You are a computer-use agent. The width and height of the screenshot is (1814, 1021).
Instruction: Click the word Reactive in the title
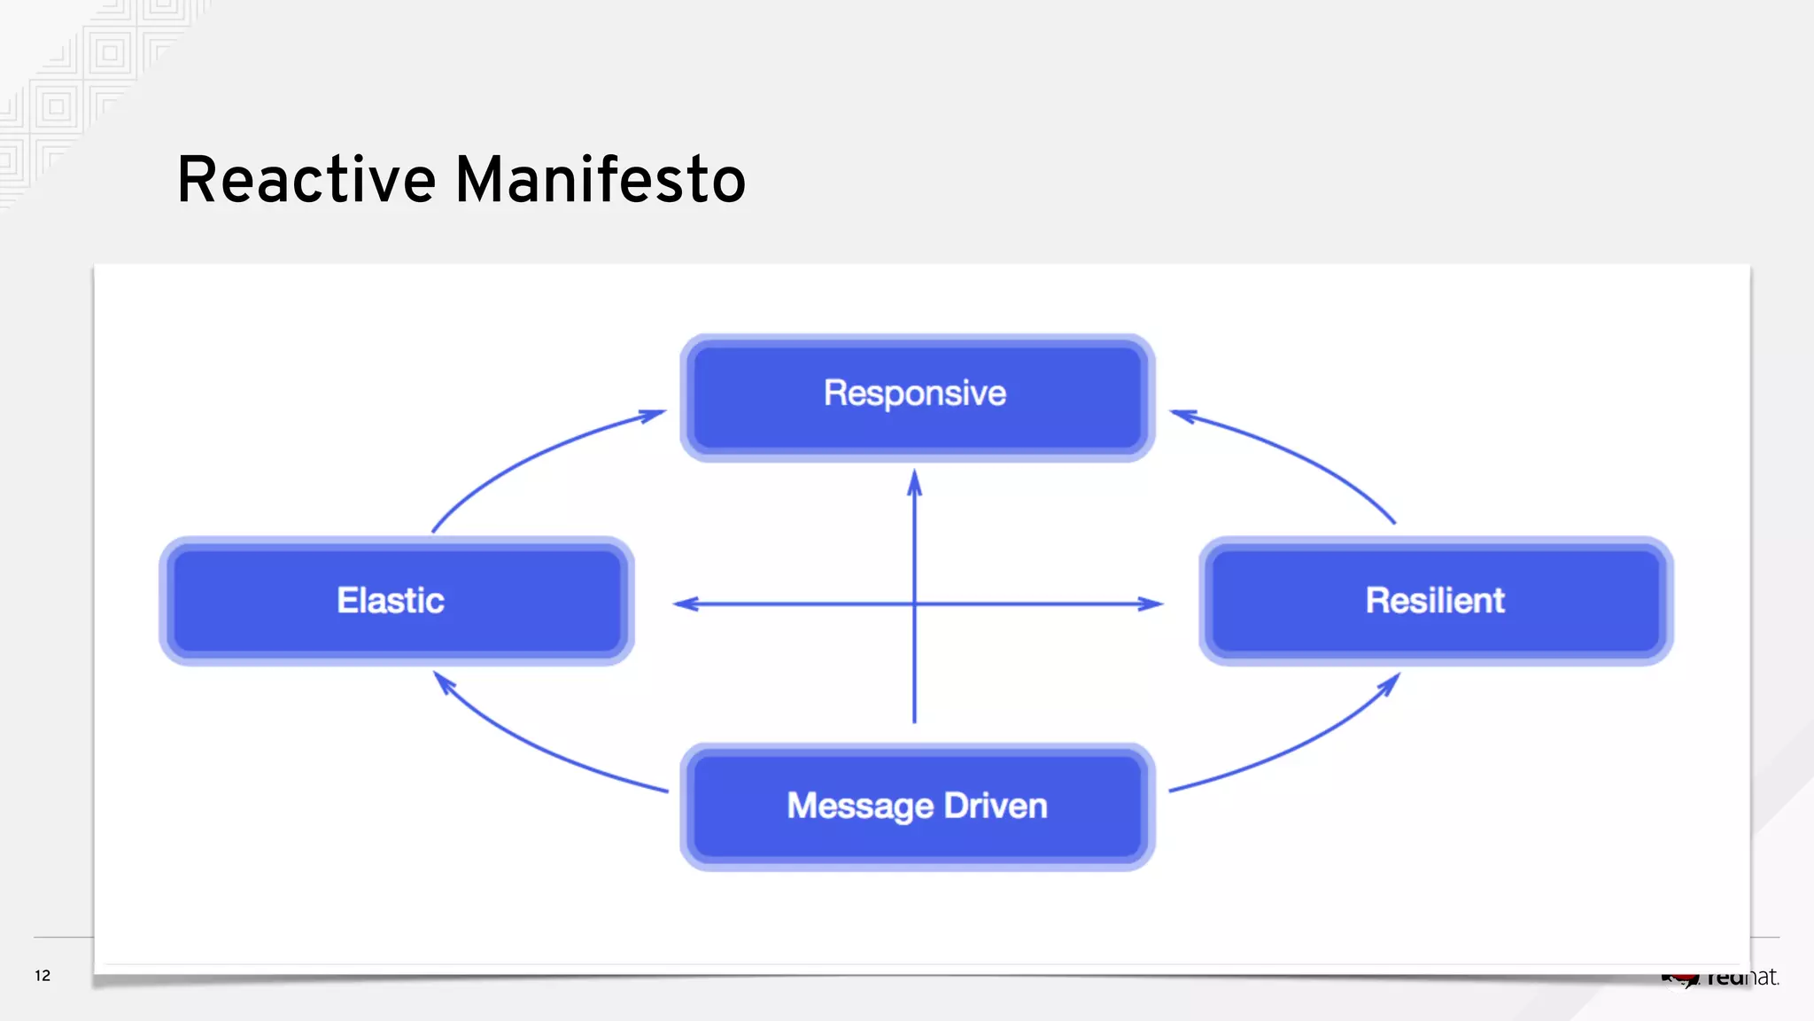[306, 180]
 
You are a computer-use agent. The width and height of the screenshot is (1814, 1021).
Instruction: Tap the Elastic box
[396, 601]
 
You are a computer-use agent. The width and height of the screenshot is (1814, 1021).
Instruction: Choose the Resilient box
[1435, 601]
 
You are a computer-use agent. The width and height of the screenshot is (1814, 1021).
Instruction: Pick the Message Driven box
[917, 807]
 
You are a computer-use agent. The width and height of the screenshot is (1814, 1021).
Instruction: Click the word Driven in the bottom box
[996, 807]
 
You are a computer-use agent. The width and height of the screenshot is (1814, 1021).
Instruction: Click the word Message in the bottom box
[860, 807]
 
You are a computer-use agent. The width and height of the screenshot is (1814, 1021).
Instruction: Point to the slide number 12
[43, 976]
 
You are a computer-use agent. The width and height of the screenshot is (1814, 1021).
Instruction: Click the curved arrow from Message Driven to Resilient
[1302, 744]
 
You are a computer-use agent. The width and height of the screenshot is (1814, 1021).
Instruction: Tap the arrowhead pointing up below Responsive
[915, 483]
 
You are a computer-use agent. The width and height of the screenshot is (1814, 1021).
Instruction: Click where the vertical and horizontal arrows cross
[915, 604]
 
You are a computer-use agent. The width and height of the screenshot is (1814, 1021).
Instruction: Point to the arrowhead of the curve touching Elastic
[444, 683]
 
